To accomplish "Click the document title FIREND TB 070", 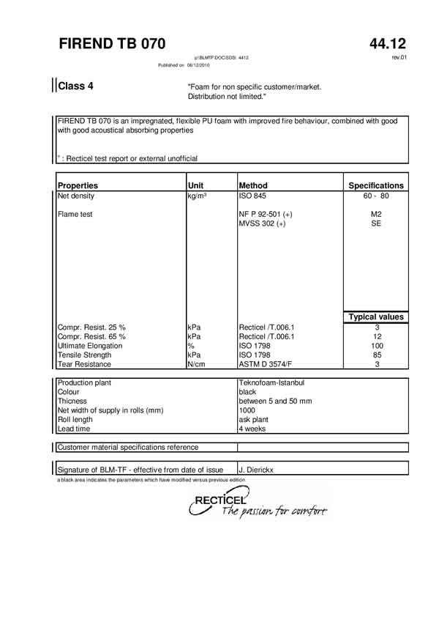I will click(x=112, y=43).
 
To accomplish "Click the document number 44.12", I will click(x=388, y=43).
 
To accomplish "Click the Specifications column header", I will click(x=375, y=185).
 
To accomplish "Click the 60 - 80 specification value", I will click(x=375, y=196).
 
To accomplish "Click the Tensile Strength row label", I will click(x=85, y=355).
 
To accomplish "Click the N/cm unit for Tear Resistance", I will click(x=196, y=364).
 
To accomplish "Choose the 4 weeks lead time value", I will click(x=253, y=429).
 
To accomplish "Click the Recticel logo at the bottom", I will click(x=256, y=506).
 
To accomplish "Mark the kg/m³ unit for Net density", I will click(x=198, y=196).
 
